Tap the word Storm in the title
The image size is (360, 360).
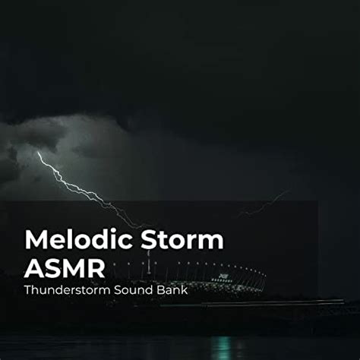182,239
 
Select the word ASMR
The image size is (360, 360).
65,268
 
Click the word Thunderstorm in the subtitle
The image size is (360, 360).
68,290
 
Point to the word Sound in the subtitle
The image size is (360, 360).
133,290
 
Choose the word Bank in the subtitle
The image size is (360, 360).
172,290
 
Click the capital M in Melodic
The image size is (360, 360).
36,239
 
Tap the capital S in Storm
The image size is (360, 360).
149,239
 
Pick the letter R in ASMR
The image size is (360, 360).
96,268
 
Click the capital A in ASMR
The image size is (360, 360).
34,268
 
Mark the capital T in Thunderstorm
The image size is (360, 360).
28,290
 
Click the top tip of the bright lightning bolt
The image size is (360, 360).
38,152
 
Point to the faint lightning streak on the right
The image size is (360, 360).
264,204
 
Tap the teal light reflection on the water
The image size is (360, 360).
221,347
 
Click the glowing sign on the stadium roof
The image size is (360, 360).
223,276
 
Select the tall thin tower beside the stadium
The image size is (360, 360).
149,262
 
